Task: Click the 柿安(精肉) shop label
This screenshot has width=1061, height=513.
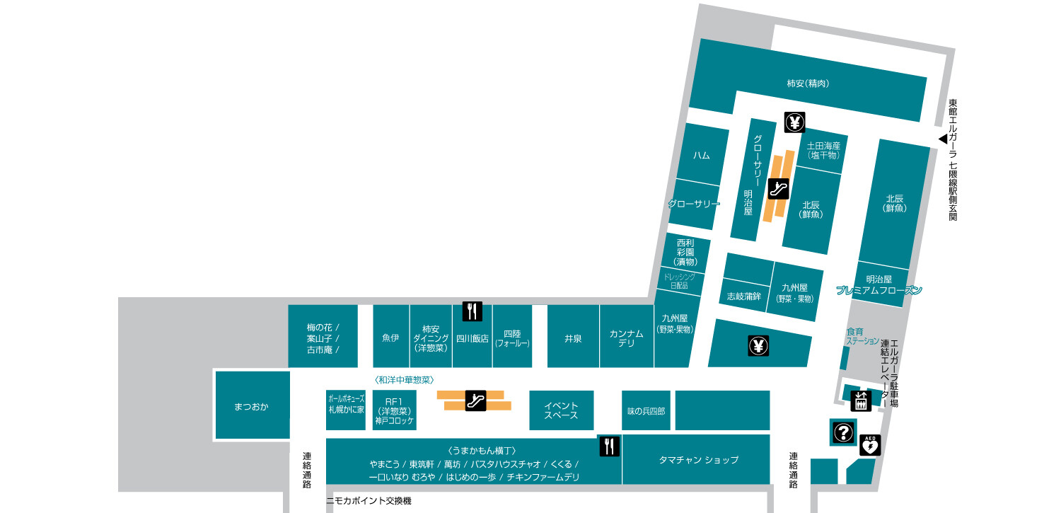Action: [808, 83]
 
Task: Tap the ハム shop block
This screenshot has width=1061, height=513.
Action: [702, 155]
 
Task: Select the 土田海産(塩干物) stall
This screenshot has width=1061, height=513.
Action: [823, 150]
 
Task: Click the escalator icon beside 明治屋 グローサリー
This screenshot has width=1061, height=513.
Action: [778, 188]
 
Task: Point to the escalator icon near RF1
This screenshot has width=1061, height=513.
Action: [475, 400]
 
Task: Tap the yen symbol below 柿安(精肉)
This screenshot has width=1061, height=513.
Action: [795, 122]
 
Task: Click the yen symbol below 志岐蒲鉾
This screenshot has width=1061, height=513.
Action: [758, 347]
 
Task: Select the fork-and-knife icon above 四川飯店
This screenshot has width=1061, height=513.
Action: [472, 311]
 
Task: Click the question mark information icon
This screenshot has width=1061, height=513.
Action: [842, 432]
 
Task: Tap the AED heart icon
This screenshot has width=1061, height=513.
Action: [870, 446]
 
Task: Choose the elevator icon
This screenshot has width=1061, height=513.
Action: [861, 401]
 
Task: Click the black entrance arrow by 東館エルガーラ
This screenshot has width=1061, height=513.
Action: [942, 139]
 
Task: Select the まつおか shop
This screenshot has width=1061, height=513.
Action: [252, 406]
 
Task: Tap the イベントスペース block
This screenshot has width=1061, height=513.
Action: [561, 410]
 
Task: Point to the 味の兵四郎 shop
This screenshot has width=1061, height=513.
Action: [646, 410]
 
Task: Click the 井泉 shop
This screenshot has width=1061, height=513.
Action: [573, 338]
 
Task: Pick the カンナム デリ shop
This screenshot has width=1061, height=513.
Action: [627, 338]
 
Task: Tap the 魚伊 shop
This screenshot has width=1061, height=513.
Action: [390, 338]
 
